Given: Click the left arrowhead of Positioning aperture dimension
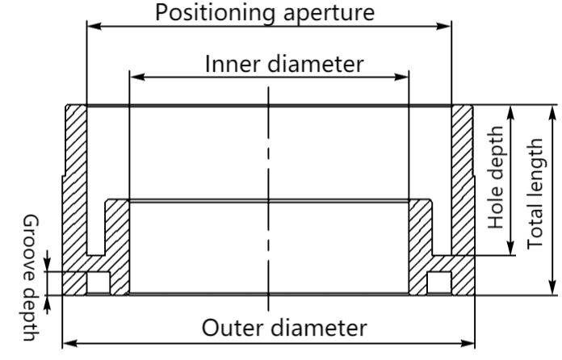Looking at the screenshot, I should click(x=92, y=27).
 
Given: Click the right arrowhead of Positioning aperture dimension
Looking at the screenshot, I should click(x=445, y=27).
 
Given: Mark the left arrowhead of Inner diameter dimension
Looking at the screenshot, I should click(x=136, y=77).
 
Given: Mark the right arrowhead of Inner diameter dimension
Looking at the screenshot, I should click(x=403, y=77).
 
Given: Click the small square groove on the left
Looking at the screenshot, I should click(x=98, y=282).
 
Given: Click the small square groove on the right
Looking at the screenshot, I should click(x=439, y=282).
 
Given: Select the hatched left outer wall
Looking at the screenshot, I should click(x=74, y=186).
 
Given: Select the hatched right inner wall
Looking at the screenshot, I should click(x=421, y=242).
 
